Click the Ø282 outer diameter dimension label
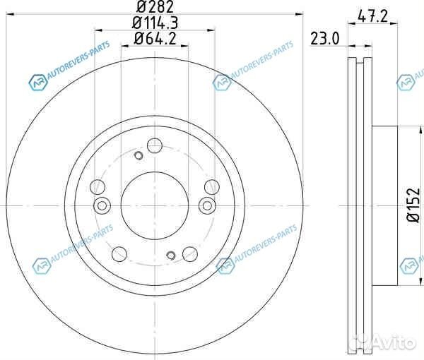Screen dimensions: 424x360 [155, 6]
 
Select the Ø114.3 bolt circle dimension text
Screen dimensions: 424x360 [155, 23]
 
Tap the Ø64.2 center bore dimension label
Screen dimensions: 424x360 [155, 38]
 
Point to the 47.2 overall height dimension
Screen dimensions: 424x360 [372, 16]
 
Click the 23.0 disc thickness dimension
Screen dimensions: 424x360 [324, 38]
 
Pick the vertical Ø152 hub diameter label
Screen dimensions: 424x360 [413, 205]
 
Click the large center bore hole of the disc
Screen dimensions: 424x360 [154, 206]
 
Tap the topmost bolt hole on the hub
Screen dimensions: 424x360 [155, 145]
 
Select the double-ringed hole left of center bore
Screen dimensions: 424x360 [102, 206]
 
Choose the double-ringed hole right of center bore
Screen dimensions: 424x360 [207, 206]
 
